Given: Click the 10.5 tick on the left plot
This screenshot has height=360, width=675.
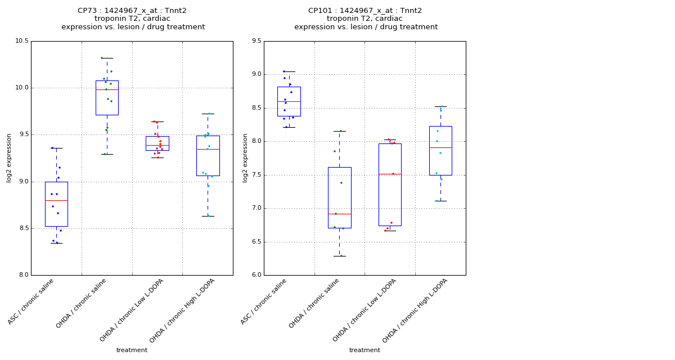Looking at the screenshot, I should tap(22, 41).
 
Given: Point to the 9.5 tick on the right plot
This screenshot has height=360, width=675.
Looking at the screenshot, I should tap(256, 41).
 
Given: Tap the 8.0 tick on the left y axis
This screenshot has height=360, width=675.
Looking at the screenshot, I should tap(23, 275).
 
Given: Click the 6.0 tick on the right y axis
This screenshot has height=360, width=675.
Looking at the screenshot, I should tap(256, 275).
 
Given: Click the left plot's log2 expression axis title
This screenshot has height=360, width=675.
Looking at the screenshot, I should tap(10, 158).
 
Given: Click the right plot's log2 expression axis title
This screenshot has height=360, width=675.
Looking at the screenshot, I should tap(245, 158).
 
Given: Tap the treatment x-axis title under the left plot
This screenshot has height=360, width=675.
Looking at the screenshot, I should tap(132, 350).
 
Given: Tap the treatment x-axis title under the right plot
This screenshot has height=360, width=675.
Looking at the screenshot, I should tap(364, 350).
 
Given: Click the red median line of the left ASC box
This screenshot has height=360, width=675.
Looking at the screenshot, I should tap(56, 200).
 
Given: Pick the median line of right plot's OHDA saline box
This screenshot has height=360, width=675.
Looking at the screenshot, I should tap(339, 214).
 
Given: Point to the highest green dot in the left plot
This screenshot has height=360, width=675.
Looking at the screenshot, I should tap(102, 58).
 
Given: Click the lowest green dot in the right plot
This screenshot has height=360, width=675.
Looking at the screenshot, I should tap(341, 255).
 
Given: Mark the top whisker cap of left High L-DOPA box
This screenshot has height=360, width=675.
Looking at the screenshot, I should tap(208, 114).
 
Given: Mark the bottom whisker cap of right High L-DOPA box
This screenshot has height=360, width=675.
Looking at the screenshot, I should tap(440, 201).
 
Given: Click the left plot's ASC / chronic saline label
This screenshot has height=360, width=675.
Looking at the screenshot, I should tap(31, 301).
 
